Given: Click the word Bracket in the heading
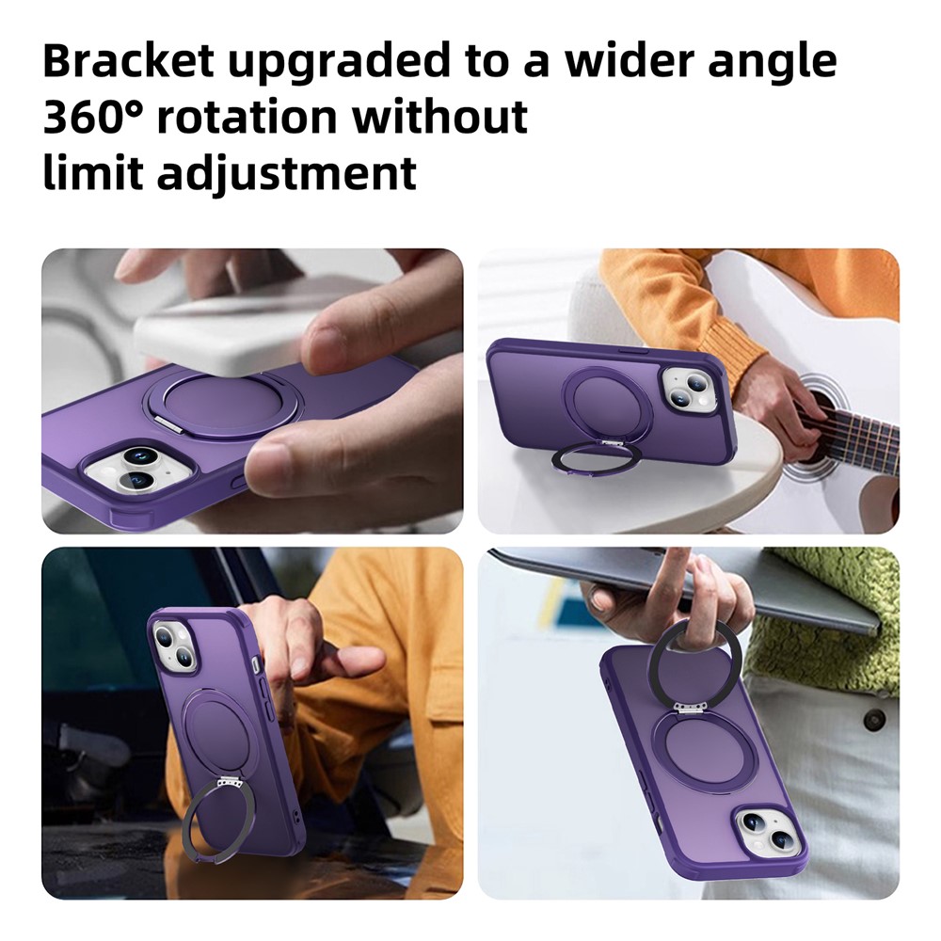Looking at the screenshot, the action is pos(129,60).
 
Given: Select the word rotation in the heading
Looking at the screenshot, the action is pos(247,117).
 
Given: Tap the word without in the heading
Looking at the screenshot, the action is pos(439,117).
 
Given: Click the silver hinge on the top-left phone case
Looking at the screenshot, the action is pos(170,423).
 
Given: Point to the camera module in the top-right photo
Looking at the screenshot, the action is pos(690,391).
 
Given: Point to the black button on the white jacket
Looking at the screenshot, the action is pos(875,718).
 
